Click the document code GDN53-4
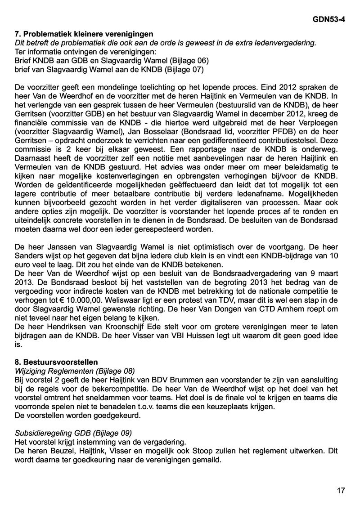coord(328,20)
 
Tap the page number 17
coord(341,491)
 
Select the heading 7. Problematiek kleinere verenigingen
coord(84,34)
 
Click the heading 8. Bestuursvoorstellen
coord(56,362)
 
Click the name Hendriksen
coord(64,325)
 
